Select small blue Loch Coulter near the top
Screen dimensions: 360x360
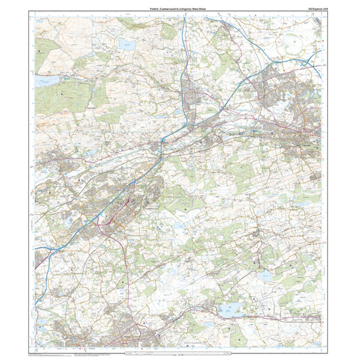pyautogui.click(x=127, y=45)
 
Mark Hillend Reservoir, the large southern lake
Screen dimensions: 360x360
pyautogui.click(x=232, y=312)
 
